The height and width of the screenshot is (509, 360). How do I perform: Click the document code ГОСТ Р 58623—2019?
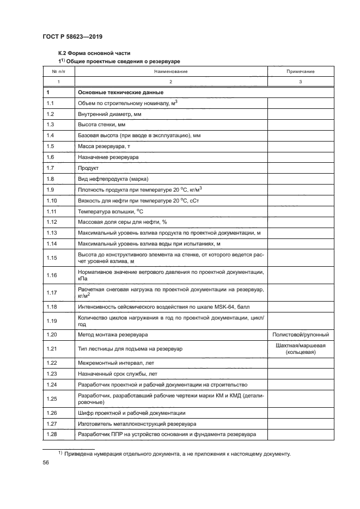point(72,36)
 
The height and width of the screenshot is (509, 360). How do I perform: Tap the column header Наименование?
point(170,71)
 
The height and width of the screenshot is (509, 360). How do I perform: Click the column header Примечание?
point(300,71)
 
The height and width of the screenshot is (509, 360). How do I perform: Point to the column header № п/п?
point(58,71)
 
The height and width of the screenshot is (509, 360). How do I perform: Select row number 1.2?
point(51,114)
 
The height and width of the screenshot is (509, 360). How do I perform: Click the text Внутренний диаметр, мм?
point(110,114)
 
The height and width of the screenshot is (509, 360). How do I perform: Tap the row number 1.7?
point(51,168)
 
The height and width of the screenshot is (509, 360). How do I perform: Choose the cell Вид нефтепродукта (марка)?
point(113,179)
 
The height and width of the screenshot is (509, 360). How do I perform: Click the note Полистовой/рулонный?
point(300,334)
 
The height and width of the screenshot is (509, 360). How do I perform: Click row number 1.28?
point(52,434)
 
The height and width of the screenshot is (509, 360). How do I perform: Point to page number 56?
point(46,462)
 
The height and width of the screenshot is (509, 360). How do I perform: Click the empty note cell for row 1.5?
point(300,146)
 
